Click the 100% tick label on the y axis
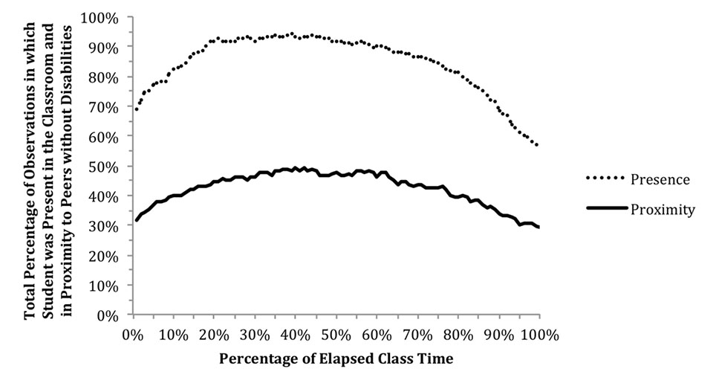100,18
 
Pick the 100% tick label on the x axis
540,335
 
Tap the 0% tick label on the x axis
134,335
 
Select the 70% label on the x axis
418,335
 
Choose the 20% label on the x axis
215,335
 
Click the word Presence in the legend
660,180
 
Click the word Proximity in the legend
662,210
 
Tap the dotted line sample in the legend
606,178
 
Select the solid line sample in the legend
607,208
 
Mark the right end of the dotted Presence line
538,145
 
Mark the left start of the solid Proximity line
137,220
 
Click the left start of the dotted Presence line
137,109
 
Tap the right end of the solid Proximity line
539,227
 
